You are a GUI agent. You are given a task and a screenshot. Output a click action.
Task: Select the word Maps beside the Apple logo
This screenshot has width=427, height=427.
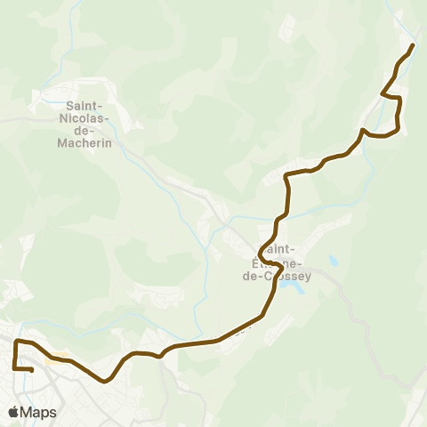(x=38, y=412)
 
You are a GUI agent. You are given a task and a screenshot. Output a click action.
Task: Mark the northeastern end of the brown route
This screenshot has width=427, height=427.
(x=414, y=45)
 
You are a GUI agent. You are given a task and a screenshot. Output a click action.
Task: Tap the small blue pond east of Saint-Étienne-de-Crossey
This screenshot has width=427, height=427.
(x=333, y=262)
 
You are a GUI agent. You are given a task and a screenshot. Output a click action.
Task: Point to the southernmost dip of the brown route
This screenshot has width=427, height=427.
(x=105, y=381)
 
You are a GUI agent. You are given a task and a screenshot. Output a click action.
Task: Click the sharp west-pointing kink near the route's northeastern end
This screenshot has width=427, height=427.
(x=383, y=93)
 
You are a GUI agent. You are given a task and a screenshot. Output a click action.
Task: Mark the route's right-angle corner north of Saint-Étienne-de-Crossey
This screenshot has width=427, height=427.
(x=286, y=175)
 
